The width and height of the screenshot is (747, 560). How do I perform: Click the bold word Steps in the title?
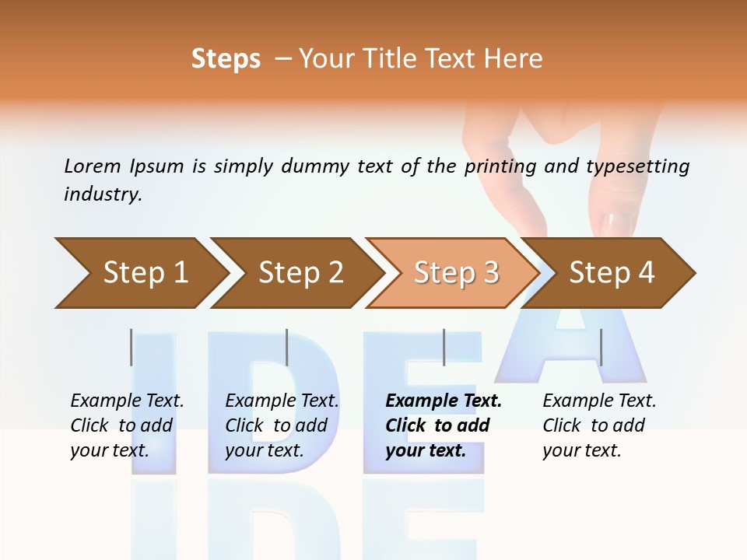pyautogui.click(x=226, y=59)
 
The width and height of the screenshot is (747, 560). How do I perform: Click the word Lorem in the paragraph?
pyautogui.click(x=93, y=166)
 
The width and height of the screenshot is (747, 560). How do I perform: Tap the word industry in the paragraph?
pyautogui.click(x=103, y=194)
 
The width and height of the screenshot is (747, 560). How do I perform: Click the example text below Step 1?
pyautogui.click(x=127, y=425)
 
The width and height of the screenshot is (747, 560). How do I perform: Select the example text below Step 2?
pyautogui.click(x=282, y=425)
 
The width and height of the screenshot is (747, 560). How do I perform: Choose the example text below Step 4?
pyautogui.click(x=599, y=425)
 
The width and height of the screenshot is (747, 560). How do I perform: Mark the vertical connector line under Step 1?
pyautogui.click(x=132, y=347)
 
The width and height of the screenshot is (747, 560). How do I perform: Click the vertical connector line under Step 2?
pyautogui.click(x=287, y=347)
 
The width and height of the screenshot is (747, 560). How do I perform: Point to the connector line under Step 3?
pyautogui.click(x=444, y=347)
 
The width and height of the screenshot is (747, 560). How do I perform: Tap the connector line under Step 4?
pyautogui.click(x=601, y=347)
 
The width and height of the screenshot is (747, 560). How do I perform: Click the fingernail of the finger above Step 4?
pyautogui.click(x=619, y=224)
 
